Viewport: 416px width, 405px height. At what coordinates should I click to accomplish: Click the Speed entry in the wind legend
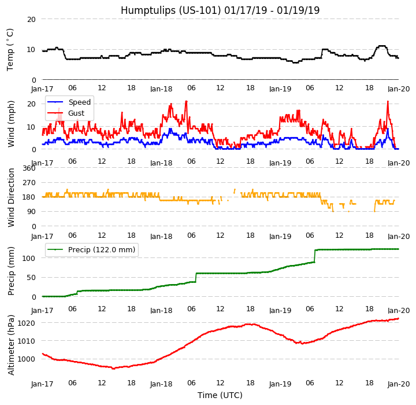click(x=79, y=102)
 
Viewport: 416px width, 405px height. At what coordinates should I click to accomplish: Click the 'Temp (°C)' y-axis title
click(x=10, y=49)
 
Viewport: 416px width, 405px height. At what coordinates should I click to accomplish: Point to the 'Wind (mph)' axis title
click(x=12, y=123)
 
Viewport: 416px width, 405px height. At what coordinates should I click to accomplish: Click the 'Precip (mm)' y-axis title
click(x=12, y=271)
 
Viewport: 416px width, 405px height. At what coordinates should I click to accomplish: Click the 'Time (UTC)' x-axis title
click(x=220, y=396)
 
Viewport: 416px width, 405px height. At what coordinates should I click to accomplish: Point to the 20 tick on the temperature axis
click(x=31, y=19)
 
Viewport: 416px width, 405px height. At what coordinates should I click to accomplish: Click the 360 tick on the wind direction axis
click(x=29, y=168)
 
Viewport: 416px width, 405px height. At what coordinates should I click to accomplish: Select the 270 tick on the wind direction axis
click(x=29, y=183)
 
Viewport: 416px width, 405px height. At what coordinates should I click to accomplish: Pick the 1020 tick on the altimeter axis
click(x=27, y=323)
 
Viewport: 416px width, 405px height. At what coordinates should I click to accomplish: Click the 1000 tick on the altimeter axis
click(x=27, y=359)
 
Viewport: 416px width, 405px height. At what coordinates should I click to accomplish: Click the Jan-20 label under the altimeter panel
click(x=399, y=384)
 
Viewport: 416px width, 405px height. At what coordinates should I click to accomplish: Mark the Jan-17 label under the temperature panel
click(x=42, y=89)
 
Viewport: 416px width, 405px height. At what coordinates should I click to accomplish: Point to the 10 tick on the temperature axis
click(x=31, y=50)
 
